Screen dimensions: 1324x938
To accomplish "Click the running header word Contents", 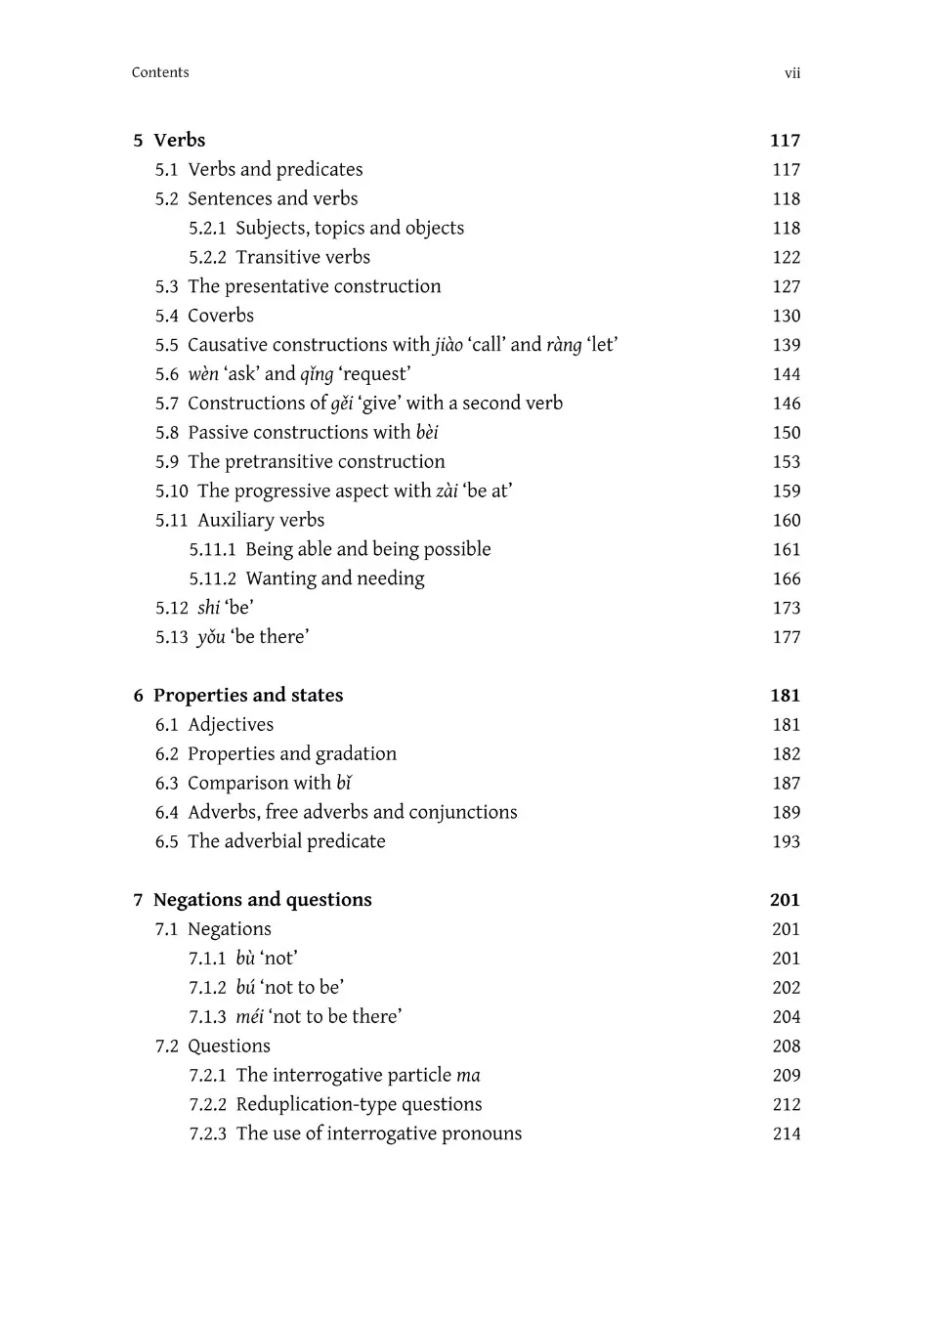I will (160, 72).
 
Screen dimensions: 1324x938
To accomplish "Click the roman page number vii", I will (792, 73).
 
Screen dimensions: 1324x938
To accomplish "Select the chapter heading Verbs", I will (179, 140).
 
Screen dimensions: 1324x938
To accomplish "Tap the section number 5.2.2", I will (207, 257).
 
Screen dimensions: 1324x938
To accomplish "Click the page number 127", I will (786, 286).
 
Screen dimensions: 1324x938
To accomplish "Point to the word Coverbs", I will (221, 316).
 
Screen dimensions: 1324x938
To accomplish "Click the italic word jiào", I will (448, 345).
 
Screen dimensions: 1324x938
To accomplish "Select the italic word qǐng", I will (317, 374).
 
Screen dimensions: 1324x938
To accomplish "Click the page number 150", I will (786, 433).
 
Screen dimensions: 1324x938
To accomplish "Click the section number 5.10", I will (171, 491).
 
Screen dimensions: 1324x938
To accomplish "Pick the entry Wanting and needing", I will (335, 578).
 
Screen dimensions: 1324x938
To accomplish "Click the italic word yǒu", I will (211, 637).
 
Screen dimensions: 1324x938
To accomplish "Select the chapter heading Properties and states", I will (248, 696).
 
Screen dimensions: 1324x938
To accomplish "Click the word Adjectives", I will (231, 725).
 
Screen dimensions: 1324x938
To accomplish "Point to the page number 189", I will (786, 812).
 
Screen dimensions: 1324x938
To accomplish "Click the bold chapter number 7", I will (138, 900).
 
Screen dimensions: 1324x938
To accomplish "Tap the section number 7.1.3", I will (207, 1017).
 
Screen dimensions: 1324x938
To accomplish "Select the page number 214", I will (786, 1133).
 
